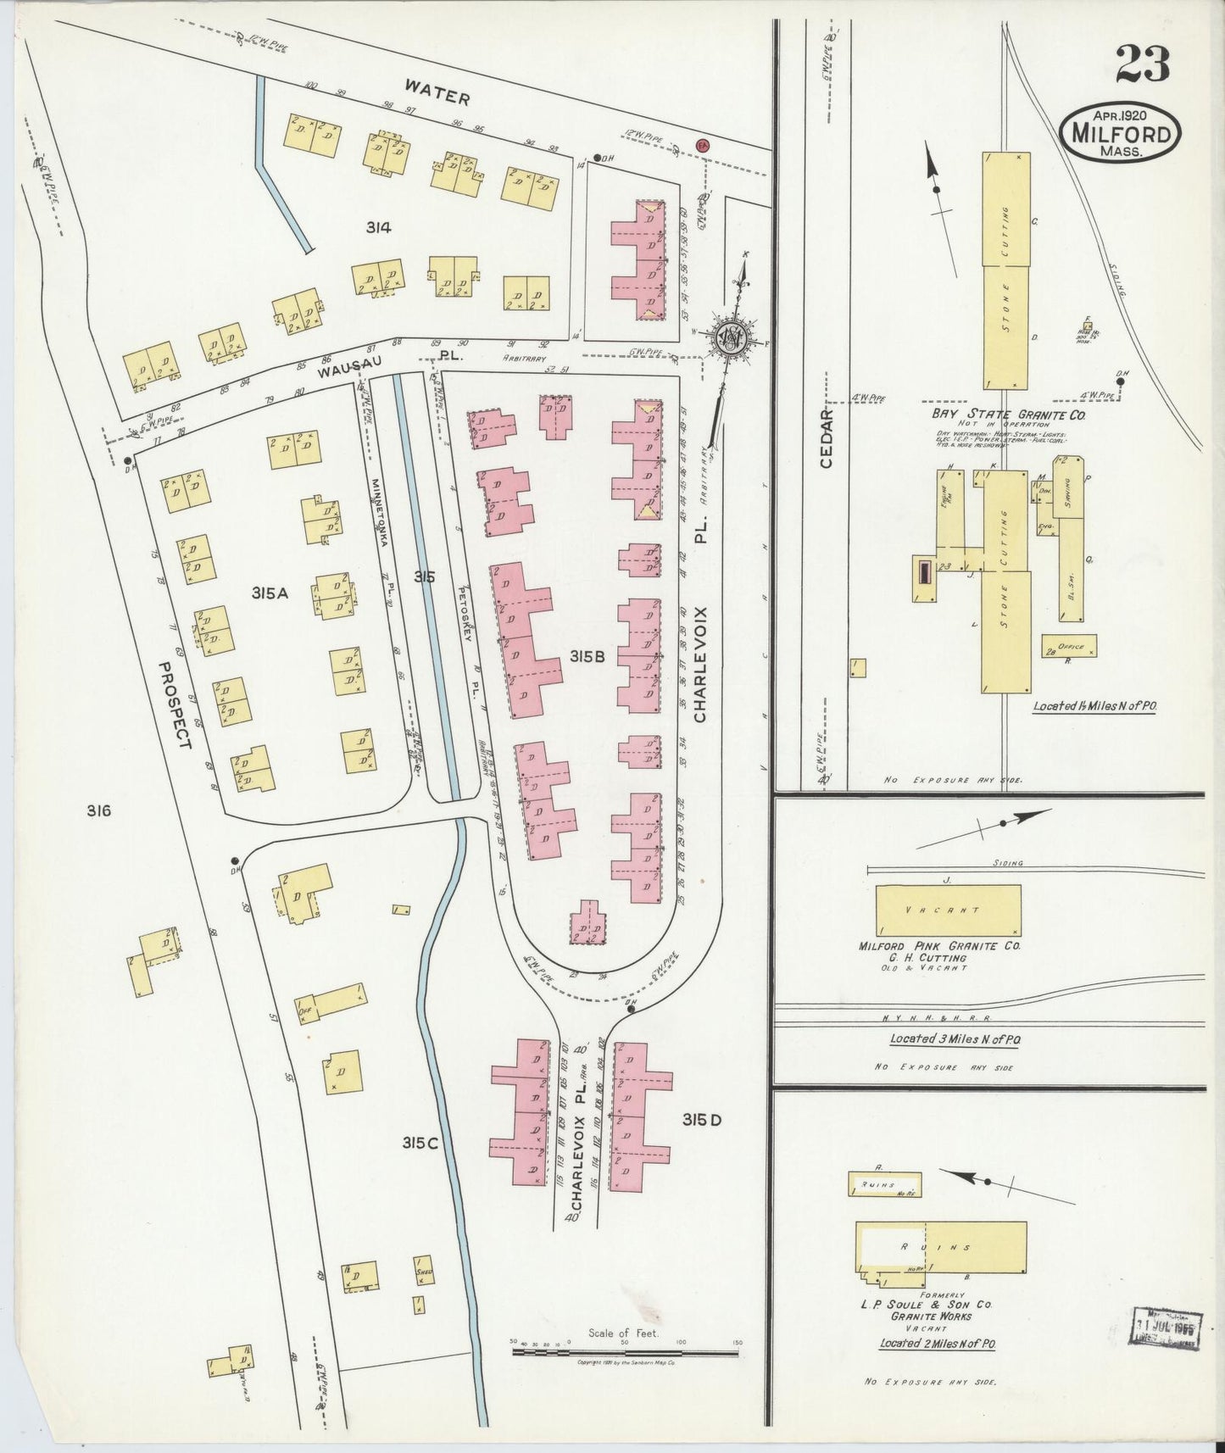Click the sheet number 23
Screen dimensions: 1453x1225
click(1142, 64)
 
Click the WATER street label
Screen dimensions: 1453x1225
click(437, 92)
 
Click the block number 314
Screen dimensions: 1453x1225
click(378, 226)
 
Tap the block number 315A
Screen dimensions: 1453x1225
click(270, 593)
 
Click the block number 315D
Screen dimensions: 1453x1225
click(702, 1120)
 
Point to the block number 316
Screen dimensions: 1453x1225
click(98, 810)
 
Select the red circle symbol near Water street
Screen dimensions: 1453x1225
click(702, 145)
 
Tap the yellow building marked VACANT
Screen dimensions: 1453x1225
click(947, 910)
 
